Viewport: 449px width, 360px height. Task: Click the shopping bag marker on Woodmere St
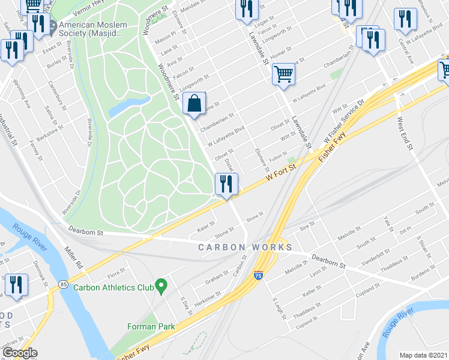[x=194, y=104]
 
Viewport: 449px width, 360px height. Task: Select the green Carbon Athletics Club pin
[x=161, y=286]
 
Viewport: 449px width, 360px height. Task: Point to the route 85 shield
[x=62, y=284]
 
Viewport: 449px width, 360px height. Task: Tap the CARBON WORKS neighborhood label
[x=246, y=247]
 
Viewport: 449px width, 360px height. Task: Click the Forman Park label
[x=151, y=326]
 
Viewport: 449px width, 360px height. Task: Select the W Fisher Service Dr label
[x=343, y=122]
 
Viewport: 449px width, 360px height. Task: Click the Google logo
[x=19, y=353]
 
